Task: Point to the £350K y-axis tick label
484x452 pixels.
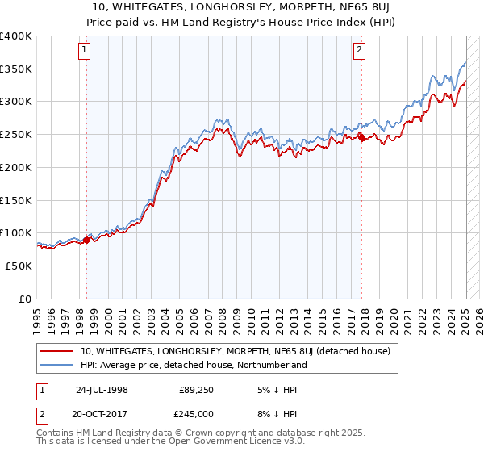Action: pos(15,69)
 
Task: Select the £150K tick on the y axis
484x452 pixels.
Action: pos(15,200)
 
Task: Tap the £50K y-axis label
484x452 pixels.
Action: pos(19,266)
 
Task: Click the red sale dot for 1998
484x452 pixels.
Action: pos(86,240)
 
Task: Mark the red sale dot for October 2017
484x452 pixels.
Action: pos(361,138)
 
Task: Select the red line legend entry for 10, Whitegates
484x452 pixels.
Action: pos(235,351)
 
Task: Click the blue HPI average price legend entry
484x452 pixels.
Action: pos(193,365)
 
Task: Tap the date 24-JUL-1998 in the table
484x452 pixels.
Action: pos(102,389)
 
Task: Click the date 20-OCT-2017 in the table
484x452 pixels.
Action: pos(102,414)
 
